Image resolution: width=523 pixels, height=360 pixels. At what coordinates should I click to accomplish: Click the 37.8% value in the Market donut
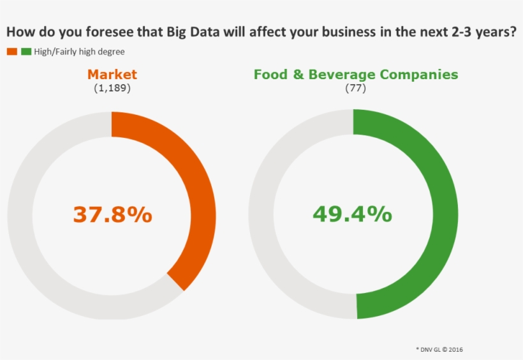pos(112,214)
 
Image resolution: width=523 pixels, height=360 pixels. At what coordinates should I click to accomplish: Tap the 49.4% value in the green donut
pos(352,214)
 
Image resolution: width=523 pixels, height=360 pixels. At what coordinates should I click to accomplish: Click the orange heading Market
pos(112,74)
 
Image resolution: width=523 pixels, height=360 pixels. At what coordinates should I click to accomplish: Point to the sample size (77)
pos(355,88)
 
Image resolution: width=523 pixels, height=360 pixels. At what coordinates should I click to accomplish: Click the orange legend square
pos(12,51)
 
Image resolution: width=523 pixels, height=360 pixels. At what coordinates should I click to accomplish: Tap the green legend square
pos(26,51)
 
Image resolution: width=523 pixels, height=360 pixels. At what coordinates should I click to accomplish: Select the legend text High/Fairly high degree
pos(79,52)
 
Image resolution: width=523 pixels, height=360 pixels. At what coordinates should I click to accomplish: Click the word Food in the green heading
pos(269,74)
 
